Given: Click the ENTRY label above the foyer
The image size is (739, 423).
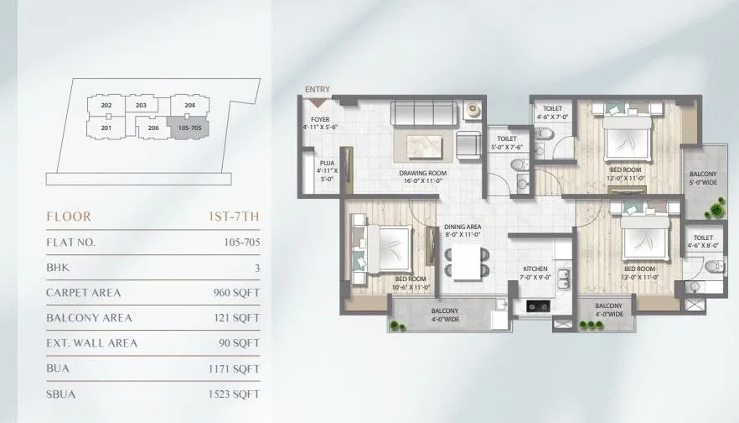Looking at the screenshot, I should [x=318, y=89].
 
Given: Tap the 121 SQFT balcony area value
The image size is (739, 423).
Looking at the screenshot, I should [x=236, y=318].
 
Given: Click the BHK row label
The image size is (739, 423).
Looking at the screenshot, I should [x=58, y=268].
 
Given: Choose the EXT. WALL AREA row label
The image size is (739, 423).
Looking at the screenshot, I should [x=91, y=342].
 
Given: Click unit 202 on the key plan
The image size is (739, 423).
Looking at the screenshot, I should [x=106, y=105].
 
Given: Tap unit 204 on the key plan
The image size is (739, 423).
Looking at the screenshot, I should [x=189, y=105].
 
